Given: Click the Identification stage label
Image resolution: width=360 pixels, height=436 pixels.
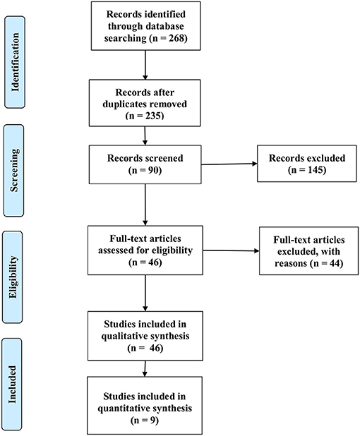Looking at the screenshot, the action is click(x=15, y=62).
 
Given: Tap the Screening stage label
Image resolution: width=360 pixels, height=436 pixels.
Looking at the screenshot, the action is click(x=14, y=171).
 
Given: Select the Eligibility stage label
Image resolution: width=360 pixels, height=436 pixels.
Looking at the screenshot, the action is click(x=13, y=277).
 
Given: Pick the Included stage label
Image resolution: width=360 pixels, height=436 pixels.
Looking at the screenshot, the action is click(x=12, y=384).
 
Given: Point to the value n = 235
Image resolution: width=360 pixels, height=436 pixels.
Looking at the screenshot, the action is click(x=145, y=116).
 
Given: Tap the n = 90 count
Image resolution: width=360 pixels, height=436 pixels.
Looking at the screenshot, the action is click(x=145, y=170).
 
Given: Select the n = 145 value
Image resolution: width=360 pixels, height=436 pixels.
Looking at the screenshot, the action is click(x=307, y=169).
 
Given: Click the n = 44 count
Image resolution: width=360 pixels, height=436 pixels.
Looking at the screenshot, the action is click(x=326, y=263).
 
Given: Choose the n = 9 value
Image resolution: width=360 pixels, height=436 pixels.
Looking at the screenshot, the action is click(x=145, y=420).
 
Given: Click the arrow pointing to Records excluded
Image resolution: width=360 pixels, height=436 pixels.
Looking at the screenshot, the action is click(x=229, y=164).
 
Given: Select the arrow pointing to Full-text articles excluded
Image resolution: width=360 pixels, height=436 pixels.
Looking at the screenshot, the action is click(x=231, y=250).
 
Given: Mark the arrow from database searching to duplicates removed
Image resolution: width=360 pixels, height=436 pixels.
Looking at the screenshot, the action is click(x=145, y=65).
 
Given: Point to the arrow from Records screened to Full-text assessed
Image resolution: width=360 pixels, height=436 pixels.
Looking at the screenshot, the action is click(x=145, y=205).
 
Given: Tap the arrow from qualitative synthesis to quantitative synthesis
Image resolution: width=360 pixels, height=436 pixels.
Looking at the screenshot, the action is click(x=145, y=369).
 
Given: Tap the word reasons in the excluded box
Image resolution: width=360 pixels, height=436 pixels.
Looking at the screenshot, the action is click(x=291, y=263).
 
